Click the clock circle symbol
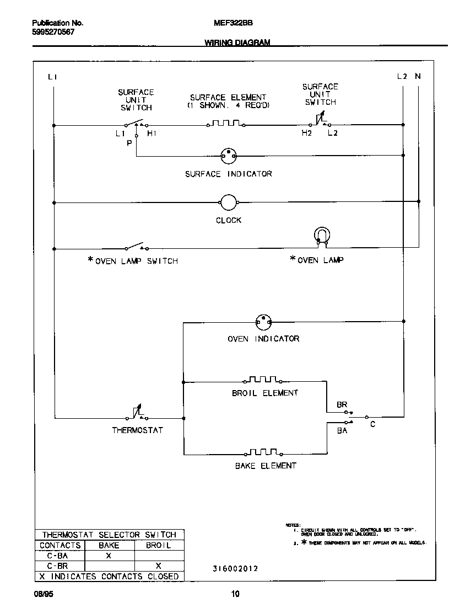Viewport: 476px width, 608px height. click(x=228, y=202)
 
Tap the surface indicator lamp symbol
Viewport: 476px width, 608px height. click(x=228, y=156)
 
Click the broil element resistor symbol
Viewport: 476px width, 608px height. click(x=262, y=380)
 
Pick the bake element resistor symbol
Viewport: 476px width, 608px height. click(x=262, y=454)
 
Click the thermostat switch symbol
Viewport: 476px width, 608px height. click(x=137, y=413)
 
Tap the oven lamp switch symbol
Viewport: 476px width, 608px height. click(x=136, y=247)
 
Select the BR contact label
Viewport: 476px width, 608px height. click(x=342, y=404)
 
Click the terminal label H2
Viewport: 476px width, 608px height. click(x=306, y=134)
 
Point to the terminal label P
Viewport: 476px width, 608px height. click(x=129, y=143)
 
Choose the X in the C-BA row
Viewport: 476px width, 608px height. click(x=109, y=556)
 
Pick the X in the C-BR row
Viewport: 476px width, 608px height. click(x=158, y=566)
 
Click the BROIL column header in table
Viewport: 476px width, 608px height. click(x=158, y=546)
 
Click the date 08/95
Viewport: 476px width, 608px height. click(x=43, y=595)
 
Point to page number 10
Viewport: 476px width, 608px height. click(x=235, y=595)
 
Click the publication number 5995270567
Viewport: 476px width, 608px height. click(x=53, y=32)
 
